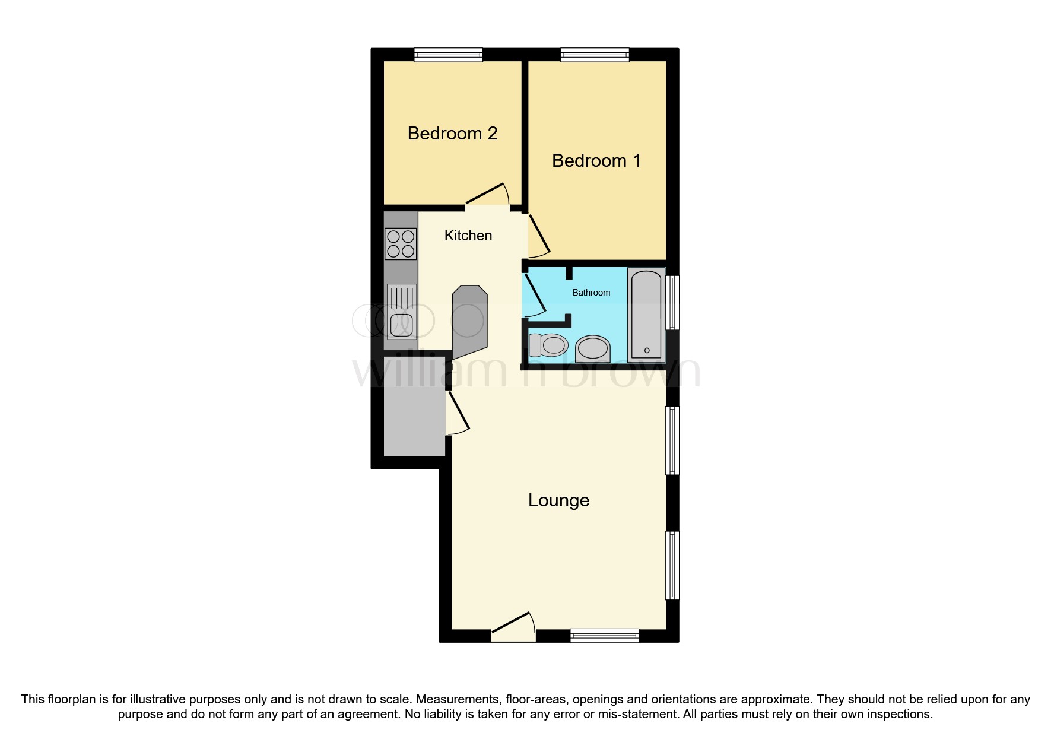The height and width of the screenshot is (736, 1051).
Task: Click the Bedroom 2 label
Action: click(x=452, y=134)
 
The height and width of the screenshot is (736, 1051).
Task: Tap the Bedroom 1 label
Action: click(x=596, y=161)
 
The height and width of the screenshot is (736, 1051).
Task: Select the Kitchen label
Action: click(x=468, y=236)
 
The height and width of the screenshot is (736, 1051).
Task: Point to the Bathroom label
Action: click(x=591, y=293)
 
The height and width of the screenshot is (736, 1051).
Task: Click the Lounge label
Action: click(x=558, y=500)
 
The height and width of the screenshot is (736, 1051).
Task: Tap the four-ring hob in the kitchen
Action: click(x=401, y=244)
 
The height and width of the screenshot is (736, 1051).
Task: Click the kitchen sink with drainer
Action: click(x=401, y=312)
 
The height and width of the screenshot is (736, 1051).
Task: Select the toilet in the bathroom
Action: click(x=549, y=345)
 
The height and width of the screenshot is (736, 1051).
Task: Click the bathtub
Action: click(x=647, y=315)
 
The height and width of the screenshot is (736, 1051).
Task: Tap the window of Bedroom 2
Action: click(x=448, y=55)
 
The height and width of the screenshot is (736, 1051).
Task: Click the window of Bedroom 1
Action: click(x=595, y=55)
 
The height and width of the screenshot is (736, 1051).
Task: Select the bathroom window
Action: click(x=672, y=302)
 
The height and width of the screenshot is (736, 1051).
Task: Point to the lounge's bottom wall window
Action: click(x=604, y=636)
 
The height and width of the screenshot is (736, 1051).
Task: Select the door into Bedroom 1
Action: click(x=537, y=236)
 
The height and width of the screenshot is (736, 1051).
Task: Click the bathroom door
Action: click(x=534, y=294)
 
